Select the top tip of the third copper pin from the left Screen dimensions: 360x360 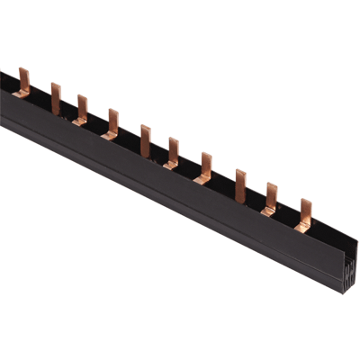tap(81, 97)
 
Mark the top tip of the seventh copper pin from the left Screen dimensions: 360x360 tap(206, 155)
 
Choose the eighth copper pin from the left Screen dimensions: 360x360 tap(240, 184)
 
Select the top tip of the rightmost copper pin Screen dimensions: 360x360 tap(305, 202)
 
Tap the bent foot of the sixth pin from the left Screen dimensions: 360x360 tap(168, 164)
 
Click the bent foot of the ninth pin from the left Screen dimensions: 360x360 tap(266, 211)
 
